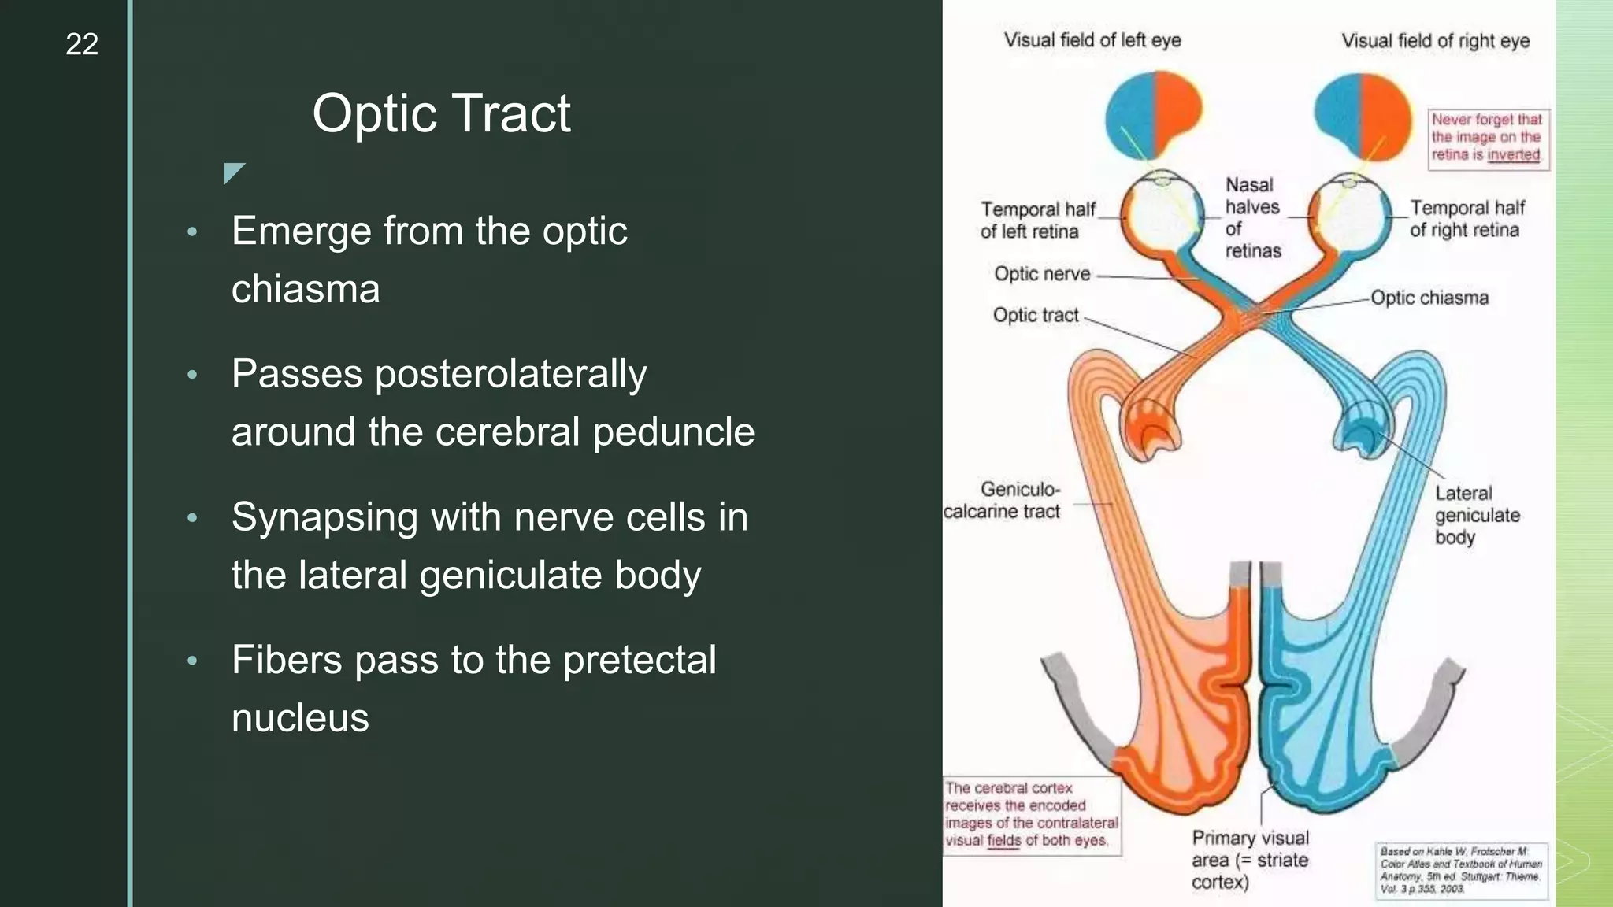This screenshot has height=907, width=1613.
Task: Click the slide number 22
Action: pyautogui.click(x=82, y=44)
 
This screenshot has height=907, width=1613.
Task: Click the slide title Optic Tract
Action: pyautogui.click(x=441, y=113)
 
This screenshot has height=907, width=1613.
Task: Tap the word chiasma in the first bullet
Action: pyautogui.click(x=306, y=289)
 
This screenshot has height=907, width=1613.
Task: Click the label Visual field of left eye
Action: pyautogui.click(x=1092, y=40)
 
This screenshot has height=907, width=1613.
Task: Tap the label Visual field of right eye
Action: pyautogui.click(x=1435, y=41)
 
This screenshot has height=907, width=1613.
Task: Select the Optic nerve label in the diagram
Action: pyautogui.click(x=1042, y=274)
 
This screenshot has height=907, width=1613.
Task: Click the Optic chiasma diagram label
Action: pyautogui.click(x=1429, y=298)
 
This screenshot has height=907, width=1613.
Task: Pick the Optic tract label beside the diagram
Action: pyautogui.click(x=1036, y=315)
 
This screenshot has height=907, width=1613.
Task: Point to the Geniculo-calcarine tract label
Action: pyautogui.click(x=1003, y=500)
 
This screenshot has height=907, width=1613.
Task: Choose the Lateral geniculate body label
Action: pyautogui.click(x=1476, y=515)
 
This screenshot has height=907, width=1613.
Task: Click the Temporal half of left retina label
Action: pyautogui.click(x=1036, y=220)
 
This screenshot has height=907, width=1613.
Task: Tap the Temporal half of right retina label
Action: pyautogui.click(x=1467, y=219)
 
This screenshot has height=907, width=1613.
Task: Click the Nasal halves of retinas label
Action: pyautogui.click(x=1252, y=217)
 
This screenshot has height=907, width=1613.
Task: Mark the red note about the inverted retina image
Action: pyautogui.click(x=1487, y=138)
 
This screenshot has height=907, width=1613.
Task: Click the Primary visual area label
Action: pyautogui.click(x=1249, y=859)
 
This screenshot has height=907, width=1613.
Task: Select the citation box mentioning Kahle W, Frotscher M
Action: pyautogui.click(x=1461, y=870)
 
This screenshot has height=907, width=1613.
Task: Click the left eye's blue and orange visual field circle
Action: pyautogui.click(x=1154, y=114)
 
